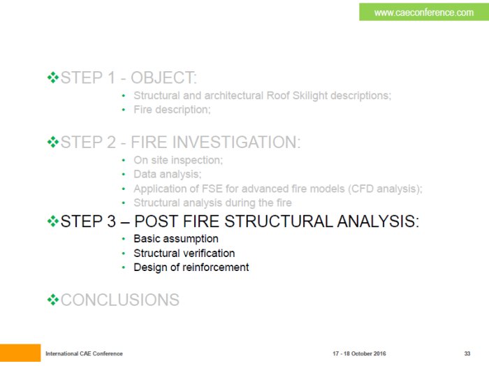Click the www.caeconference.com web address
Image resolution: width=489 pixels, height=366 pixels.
pos(424,13)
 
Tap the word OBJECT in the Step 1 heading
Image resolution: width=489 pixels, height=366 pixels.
pos(163,78)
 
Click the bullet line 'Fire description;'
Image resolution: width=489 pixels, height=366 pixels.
pos(172,110)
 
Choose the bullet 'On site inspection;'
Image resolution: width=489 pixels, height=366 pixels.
pos(178,160)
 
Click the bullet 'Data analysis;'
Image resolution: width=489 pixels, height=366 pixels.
pos(168,175)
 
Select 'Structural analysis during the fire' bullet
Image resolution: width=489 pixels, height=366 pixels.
pos(212,203)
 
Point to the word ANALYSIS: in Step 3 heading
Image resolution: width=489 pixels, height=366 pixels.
pos(378,221)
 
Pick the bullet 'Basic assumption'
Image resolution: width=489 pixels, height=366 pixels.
pos(176,239)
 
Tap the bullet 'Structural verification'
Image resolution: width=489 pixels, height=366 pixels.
pos(184,253)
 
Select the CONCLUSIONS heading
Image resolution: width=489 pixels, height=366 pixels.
pos(119,300)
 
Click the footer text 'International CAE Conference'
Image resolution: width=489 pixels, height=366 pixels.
pos(84,353)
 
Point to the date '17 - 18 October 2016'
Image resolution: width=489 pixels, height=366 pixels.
pos(359,353)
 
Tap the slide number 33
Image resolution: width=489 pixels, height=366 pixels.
pos(467,353)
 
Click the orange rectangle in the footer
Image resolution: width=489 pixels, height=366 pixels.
pos(20,353)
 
